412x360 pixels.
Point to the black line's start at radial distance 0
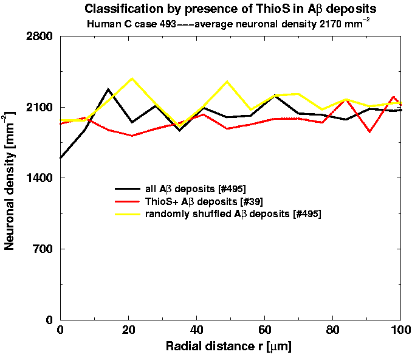point(61,158)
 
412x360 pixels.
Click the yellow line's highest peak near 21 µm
point(132,78)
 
